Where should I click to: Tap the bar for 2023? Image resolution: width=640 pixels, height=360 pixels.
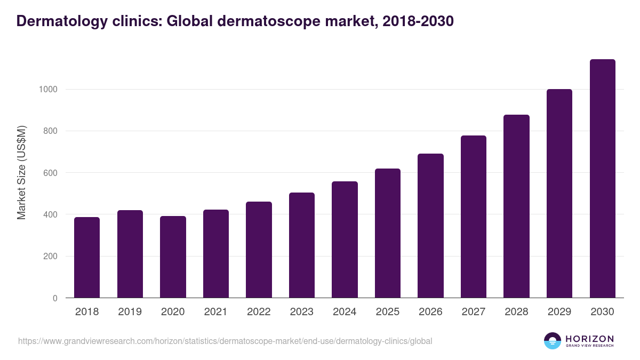pyautogui.click(x=302, y=245)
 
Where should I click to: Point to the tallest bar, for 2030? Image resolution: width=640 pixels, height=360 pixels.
pyautogui.click(x=602, y=179)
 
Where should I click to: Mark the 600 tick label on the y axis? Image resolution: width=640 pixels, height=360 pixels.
pyautogui.click(x=50, y=173)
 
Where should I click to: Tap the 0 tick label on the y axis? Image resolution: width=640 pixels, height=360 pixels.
pyautogui.click(x=55, y=298)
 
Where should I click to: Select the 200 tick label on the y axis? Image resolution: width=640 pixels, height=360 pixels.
pyautogui.click(x=50, y=257)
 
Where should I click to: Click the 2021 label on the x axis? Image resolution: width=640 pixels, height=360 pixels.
pyautogui.click(x=216, y=312)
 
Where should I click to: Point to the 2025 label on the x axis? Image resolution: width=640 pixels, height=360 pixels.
pyautogui.click(x=388, y=312)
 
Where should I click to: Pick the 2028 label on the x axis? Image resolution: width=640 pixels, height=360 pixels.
pyautogui.click(x=516, y=312)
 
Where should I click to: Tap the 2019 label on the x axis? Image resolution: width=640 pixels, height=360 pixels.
pyautogui.click(x=130, y=312)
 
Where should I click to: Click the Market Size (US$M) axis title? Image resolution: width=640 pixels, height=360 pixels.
pyautogui.click(x=21, y=172)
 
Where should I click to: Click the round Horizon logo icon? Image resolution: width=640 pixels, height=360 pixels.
pyautogui.click(x=553, y=341)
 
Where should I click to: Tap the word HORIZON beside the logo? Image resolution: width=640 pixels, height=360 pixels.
pyautogui.click(x=589, y=339)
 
